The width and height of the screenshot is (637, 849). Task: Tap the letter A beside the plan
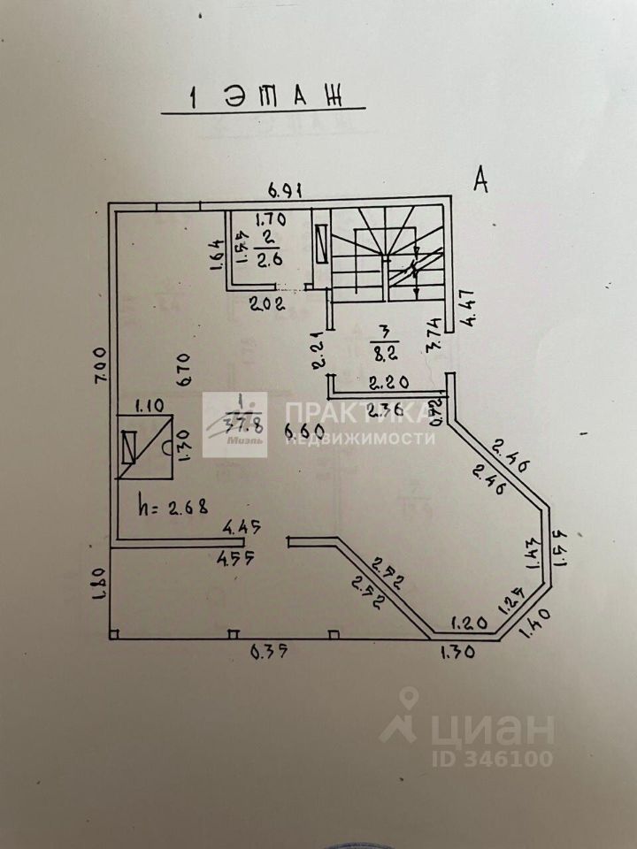(x=482, y=180)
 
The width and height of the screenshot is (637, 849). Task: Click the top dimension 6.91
(x=288, y=189)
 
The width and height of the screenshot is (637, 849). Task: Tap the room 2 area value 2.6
(x=268, y=260)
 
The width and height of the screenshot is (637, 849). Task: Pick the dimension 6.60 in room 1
(x=303, y=431)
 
